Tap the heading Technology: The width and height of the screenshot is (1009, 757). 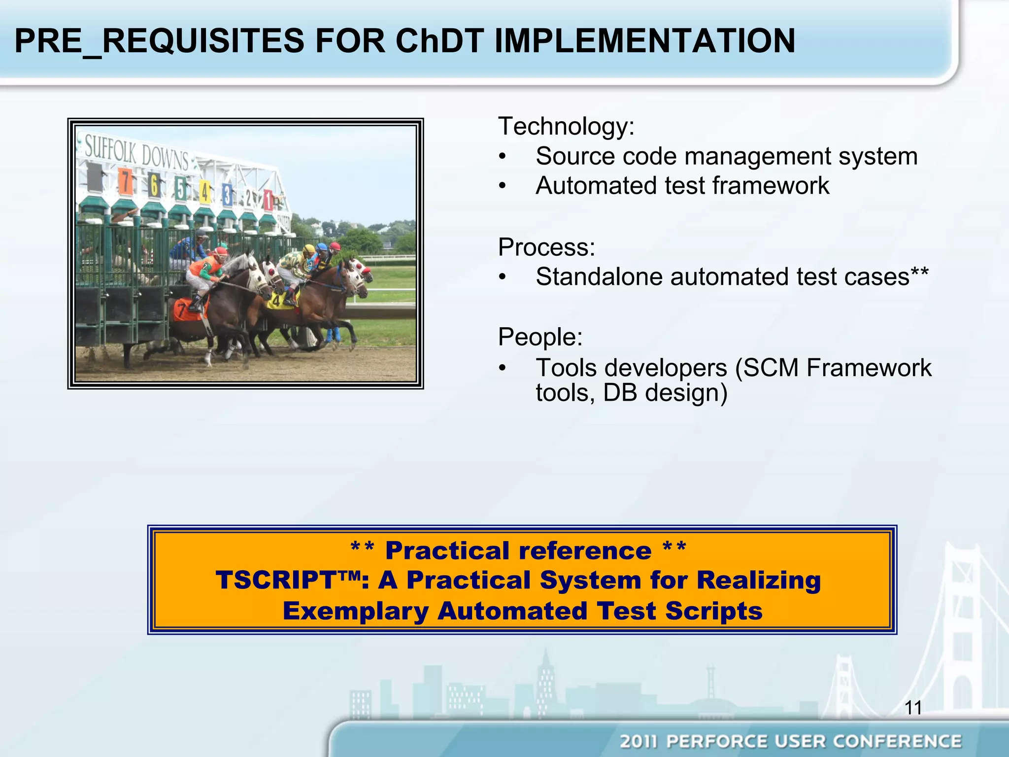pyautogui.click(x=566, y=126)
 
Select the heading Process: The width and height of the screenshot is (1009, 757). pyautogui.click(x=546, y=247)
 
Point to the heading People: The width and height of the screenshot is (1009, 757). pyautogui.click(x=540, y=337)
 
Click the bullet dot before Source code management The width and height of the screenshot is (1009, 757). pyautogui.click(x=502, y=157)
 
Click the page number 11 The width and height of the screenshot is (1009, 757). pyautogui.click(x=913, y=708)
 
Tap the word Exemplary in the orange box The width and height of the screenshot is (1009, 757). pyautogui.click(x=355, y=611)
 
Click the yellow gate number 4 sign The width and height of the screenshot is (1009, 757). pyautogui.click(x=204, y=192)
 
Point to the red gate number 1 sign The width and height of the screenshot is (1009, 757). pyautogui.click(x=268, y=200)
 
